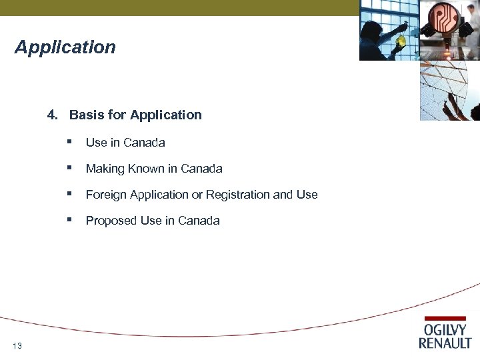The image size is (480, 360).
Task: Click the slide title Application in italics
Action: tap(65, 47)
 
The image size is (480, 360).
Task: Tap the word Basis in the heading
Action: tap(83, 115)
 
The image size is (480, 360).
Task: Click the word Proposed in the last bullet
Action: tap(111, 221)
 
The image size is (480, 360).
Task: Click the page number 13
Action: tap(17, 345)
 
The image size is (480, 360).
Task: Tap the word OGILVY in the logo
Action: tap(445, 330)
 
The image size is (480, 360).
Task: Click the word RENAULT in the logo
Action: tap(445, 343)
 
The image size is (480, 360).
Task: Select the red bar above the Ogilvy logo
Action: tap(445, 319)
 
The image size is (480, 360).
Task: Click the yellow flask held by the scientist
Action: tap(401, 41)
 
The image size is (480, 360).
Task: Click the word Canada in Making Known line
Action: tap(201, 169)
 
